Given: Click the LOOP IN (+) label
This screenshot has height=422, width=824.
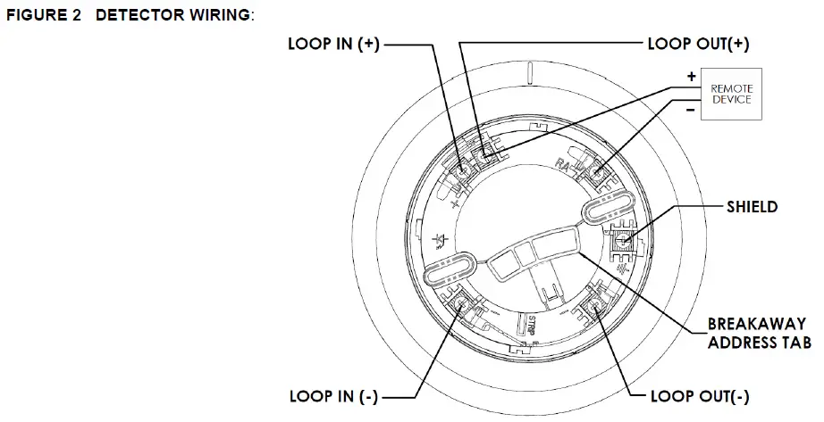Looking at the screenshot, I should (333, 45).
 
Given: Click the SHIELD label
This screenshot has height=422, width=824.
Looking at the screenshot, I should (752, 207).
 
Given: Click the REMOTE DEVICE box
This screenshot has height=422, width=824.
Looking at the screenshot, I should (731, 95).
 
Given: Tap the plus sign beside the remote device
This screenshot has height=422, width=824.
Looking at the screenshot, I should (691, 78).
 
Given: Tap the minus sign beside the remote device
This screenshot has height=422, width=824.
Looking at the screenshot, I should (691, 112).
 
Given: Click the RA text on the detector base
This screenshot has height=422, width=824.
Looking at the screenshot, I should (561, 162).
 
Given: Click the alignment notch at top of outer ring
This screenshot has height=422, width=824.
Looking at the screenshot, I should (529, 70).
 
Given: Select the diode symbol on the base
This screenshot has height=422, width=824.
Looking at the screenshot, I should (439, 240).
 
